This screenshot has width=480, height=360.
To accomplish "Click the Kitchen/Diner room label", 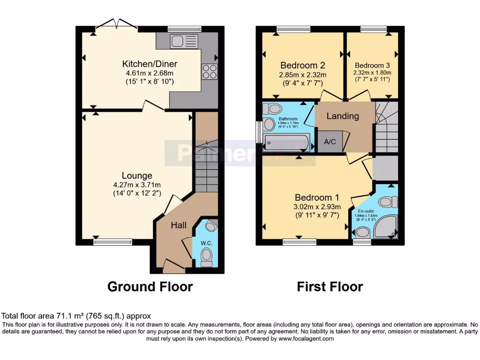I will point(150,64).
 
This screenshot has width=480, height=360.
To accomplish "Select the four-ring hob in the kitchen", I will point(210,71).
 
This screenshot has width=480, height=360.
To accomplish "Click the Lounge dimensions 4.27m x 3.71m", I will point(137,184).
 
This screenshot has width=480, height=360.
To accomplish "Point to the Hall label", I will point(179,225).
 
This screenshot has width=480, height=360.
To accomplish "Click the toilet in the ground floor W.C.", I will point(205,257).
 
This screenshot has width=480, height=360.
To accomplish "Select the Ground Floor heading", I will point(150,286).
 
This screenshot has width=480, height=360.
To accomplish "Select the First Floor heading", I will point(330,286).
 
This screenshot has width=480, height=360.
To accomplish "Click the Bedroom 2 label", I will point(302,65).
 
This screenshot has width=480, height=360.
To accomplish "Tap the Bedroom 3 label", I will point(372,65).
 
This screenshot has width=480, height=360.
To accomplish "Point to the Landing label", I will point(342,116).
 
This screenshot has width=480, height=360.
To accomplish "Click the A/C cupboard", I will point(330,142).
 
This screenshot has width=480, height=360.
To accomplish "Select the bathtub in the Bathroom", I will point(286,142).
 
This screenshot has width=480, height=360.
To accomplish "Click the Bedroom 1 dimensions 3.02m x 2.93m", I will point(316,207).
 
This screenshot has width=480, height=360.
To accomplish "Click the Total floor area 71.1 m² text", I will point(76,316).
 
